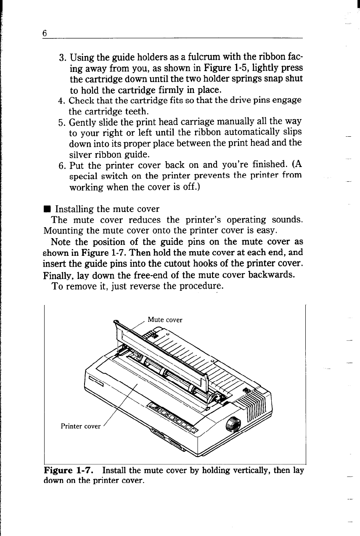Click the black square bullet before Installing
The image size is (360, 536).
tap(46, 209)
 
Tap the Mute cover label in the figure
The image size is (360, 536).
tap(165, 320)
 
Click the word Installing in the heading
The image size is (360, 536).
tap(74, 209)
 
